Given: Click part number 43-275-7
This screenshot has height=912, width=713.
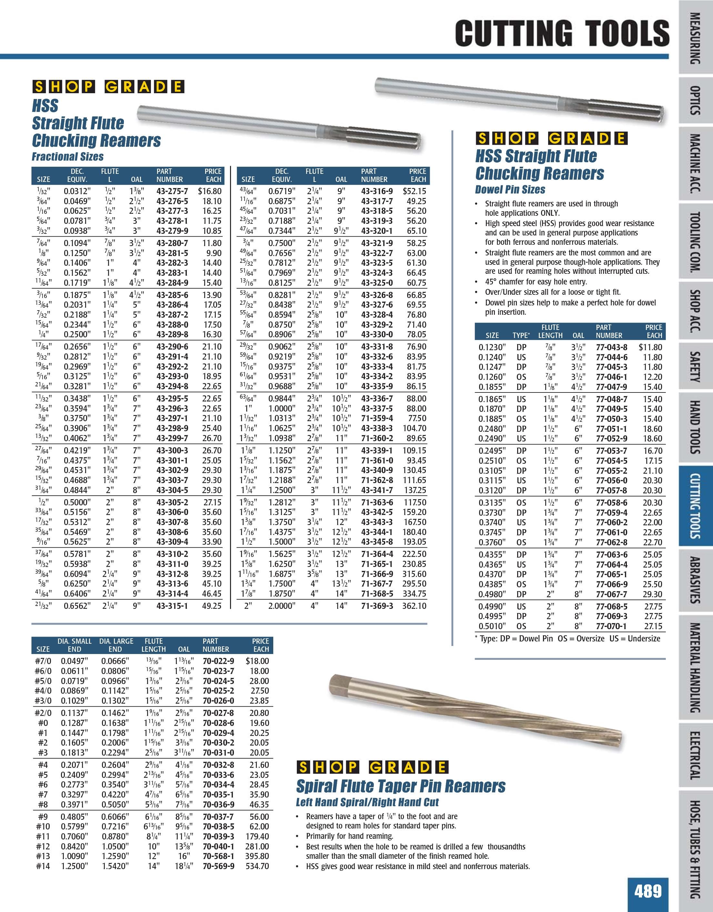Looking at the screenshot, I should pos(172,191).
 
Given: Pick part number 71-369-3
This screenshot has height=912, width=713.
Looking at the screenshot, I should pos(377,606).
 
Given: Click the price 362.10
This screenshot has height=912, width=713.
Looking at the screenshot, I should pos(414,606).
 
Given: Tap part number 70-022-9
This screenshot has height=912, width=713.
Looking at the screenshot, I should pos(218,661).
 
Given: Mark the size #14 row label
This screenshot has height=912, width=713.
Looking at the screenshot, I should pos(43,866).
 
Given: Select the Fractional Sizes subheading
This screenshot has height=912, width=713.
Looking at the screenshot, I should pos(68,157).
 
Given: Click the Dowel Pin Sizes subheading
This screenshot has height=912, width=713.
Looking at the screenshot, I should pos(510,190).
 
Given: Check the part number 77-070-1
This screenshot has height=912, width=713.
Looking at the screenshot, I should pos(611,626).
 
